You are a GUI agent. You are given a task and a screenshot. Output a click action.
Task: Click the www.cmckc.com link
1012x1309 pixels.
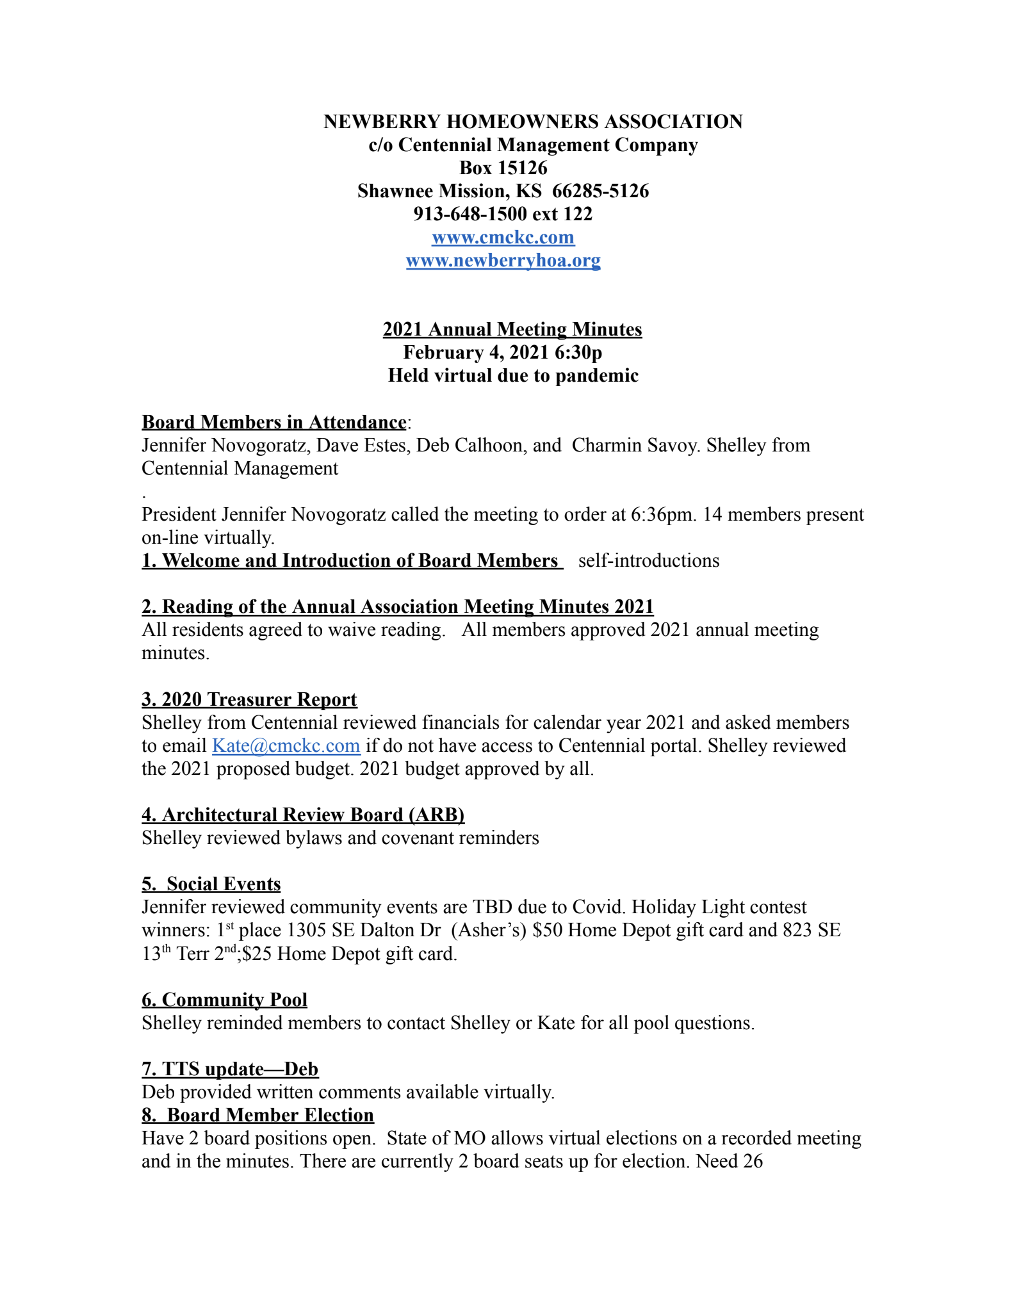[503, 238]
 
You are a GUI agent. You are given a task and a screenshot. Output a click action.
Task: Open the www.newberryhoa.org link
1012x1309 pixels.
[503, 261]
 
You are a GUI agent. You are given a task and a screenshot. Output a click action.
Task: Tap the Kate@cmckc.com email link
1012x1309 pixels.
[286, 745]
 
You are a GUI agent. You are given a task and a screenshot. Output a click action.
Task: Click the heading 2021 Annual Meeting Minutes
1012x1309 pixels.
[512, 329]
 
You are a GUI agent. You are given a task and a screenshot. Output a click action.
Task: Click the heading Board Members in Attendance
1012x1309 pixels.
[273, 422]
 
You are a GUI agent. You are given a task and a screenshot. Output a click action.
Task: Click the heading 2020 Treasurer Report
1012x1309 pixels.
[249, 699]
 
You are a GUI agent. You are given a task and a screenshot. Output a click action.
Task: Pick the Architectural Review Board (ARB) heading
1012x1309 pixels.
[303, 815]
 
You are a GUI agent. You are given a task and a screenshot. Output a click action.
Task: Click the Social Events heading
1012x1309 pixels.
[211, 884]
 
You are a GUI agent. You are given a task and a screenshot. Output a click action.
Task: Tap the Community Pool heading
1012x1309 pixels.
[224, 1000]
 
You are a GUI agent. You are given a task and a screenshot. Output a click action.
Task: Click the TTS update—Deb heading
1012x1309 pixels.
[230, 1069]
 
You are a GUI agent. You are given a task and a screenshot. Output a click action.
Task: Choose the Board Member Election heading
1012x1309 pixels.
[257, 1115]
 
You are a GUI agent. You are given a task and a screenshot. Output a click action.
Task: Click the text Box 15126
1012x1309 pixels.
[503, 168]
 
